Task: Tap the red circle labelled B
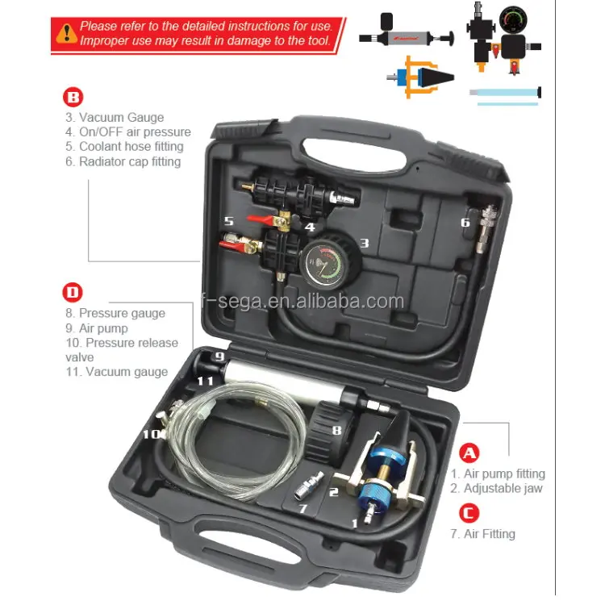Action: [x=73, y=98]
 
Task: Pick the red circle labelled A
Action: [x=469, y=453]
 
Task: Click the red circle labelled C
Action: [x=469, y=513]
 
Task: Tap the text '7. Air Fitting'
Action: [x=483, y=534]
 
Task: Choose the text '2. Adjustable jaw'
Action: [x=497, y=488]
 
